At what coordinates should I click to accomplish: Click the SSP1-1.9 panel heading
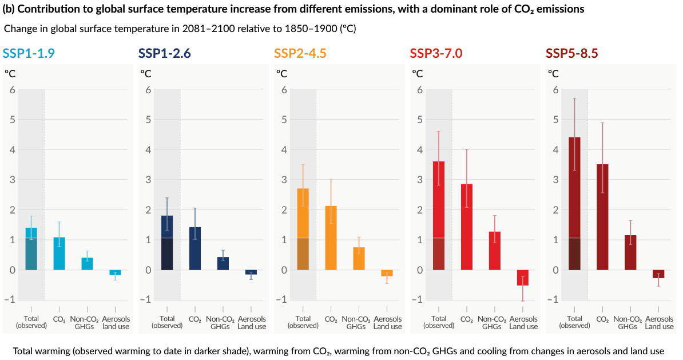pos(29,53)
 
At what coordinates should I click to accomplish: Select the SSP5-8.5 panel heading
pos(572,53)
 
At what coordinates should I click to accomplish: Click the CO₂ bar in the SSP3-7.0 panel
pos(467,227)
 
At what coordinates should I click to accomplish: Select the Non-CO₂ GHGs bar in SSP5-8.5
pos(630,252)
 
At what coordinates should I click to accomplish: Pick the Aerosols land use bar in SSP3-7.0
pos(523,278)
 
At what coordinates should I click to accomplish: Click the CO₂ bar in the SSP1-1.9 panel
pos(59,254)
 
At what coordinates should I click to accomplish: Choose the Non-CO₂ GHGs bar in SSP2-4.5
pos(359,258)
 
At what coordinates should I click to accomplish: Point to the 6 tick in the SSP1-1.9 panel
pos(12,90)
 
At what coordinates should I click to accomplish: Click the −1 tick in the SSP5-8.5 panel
pos(553,299)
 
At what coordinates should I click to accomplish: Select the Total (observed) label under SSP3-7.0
pos(439,322)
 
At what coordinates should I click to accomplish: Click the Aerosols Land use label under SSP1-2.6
pos(252,322)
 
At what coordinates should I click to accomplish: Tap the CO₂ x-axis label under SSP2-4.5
pos(331,319)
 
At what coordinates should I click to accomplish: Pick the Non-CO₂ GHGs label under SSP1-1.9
pos(88,322)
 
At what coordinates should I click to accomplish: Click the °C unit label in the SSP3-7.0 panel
pos(418,73)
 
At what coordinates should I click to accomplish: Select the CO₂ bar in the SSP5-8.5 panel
pos(602,217)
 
